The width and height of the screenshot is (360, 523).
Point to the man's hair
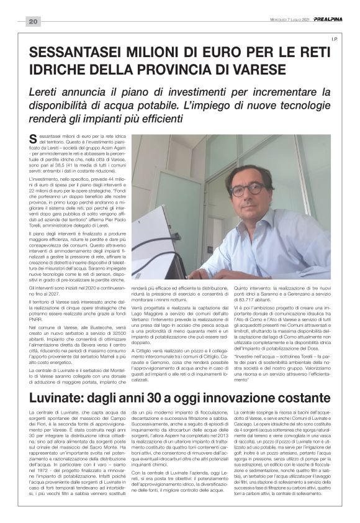[248, 171]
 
